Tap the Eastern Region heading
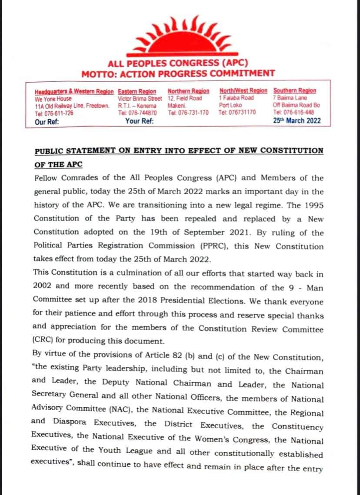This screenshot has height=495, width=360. (x=137, y=91)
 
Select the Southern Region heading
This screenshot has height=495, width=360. (x=295, y=91)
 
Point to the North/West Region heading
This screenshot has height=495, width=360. (x=243, y=91)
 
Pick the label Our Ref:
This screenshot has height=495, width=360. (x=47, y=122)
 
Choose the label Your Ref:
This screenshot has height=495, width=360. (x=139, y=121)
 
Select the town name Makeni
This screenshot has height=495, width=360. (x=177, y=106)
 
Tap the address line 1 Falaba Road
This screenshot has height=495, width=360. (x=237, y=98)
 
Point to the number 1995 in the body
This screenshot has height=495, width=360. (x=313, y=205)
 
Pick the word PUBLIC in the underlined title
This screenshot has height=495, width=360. (x=49, y=151)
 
